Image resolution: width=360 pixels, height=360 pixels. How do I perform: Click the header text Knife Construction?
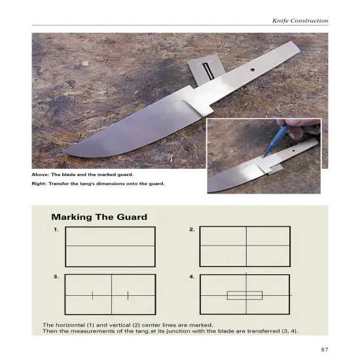click(x=300, y=21)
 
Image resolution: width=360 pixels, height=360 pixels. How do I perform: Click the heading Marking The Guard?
click(x=99, y=216)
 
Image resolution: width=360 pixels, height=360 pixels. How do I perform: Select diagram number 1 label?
click(x=57, y=230)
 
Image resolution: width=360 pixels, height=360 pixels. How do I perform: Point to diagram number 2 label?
click(x=192, y=230)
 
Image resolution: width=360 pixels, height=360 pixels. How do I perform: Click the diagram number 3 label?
click(x=57, y=277)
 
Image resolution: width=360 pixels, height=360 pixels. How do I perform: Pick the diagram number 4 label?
click(x=192, y=277)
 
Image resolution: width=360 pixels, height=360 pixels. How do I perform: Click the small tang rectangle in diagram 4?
click(x=244, y=295)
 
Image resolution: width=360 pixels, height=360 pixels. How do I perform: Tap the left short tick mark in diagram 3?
click(x=92, y=295)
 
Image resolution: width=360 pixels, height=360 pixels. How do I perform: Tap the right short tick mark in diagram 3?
click(x=128, y=295)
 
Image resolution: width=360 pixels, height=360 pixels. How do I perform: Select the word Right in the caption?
click(x=39, y=183)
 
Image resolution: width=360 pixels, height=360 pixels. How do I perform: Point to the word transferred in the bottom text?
click(x=246, y=331)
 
